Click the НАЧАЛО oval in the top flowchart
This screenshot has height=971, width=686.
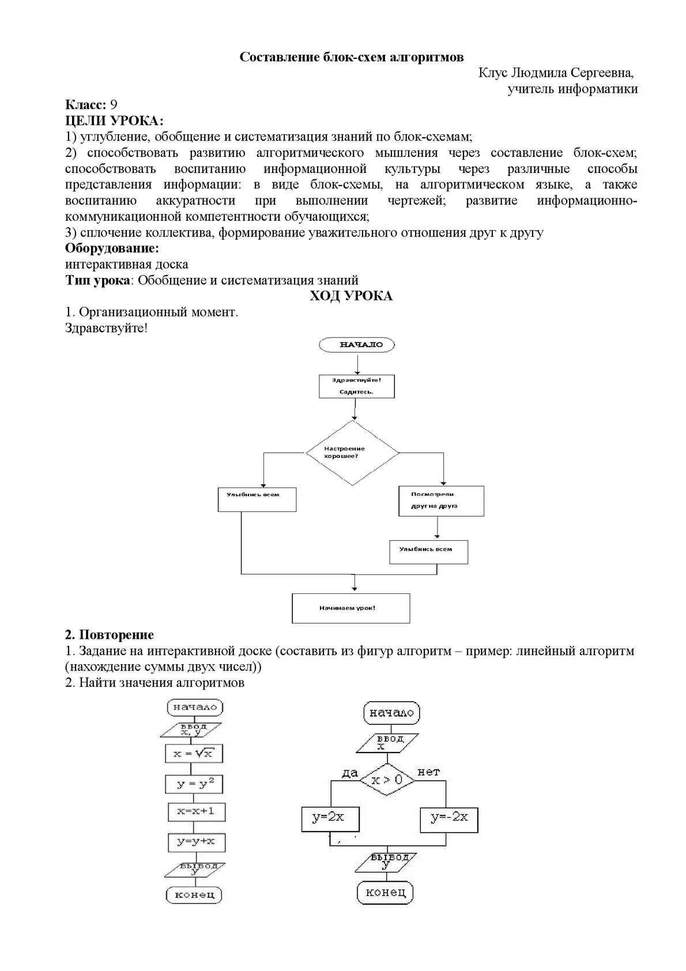point(357,345)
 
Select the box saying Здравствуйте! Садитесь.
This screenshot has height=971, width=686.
point(357,386)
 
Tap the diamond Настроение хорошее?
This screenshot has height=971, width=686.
point(352,453)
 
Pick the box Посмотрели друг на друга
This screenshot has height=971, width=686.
point(441,500)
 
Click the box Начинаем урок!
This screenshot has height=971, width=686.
point(350,608)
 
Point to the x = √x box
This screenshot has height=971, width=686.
point(194,753)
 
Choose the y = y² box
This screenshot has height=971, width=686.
point(195,784)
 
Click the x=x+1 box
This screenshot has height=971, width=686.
point(196,811)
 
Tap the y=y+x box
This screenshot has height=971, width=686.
point(196,842)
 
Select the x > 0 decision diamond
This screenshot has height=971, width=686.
point(388,780)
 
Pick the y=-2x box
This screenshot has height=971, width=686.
point(449,818)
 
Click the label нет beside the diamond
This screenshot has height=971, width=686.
point(428,772)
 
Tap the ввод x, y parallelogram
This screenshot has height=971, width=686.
point(191,729)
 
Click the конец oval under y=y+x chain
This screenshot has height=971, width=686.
point(194,895)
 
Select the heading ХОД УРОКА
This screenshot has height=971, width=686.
point(351,296)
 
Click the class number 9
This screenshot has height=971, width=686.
point(114,105)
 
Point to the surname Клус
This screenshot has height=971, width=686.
point(493,73)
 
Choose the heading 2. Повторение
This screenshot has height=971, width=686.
point(110,635)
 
